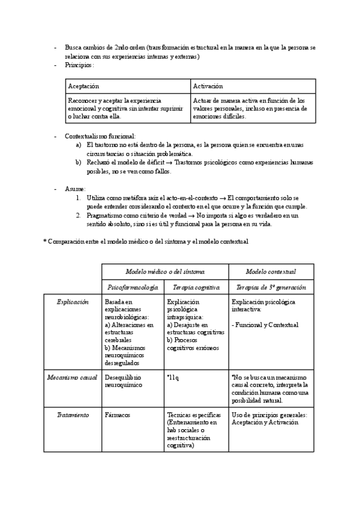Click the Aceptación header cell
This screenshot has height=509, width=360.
pos(83,86)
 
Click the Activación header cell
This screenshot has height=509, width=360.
pos(208,86)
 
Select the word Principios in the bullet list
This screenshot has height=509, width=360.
pos(79,65)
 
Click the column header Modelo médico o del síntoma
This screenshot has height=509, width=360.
pos(164,271)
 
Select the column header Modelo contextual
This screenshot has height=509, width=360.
pos(271,271)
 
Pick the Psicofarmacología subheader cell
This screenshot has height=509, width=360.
pos(132,288)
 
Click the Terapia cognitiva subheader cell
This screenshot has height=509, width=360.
pos(196,288)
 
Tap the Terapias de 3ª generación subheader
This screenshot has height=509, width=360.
pos(271,288)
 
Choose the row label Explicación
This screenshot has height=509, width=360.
pos(72,302)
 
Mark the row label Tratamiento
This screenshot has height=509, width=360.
pos(73,415)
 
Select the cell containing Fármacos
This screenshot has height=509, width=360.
pos(117,415)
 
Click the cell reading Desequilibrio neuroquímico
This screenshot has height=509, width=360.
pos(124,381)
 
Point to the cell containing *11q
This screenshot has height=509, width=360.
pos(173,377)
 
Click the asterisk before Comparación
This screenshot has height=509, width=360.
pos(44,241)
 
